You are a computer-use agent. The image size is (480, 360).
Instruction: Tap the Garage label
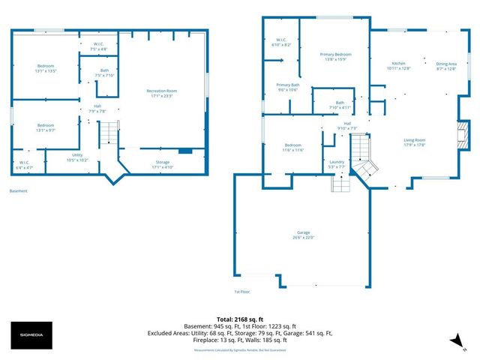tap(303, 235)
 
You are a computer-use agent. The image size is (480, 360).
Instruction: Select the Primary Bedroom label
tap(336, 57)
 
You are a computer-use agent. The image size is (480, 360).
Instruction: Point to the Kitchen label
tap(398, 66)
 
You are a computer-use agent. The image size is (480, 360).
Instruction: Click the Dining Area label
tap(446, 66)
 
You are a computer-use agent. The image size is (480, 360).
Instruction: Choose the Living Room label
tap(415, 142)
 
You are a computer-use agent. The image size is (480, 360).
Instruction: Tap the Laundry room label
tap(337, 164)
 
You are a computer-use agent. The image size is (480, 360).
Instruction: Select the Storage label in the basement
tap(163, 164)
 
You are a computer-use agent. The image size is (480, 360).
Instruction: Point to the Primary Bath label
tap(288, 88)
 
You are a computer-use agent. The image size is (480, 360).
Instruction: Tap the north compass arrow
tap(452, 341)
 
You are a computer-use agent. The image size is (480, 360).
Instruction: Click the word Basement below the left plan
tap(18, 191)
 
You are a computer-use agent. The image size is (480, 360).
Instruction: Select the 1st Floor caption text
tap(241, 292)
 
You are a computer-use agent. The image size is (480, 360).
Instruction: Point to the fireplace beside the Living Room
tap(463, 136)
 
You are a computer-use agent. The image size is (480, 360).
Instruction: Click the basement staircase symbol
tap(109, 136)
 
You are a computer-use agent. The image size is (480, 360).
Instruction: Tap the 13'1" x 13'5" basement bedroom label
tap(46, 68)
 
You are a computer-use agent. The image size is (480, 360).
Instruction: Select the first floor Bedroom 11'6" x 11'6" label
tap(292, 148)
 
